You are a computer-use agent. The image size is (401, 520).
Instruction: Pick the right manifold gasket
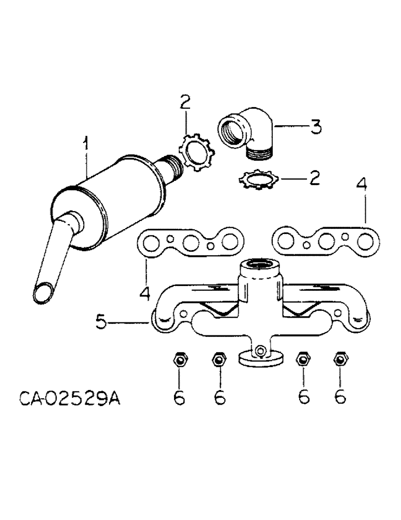325,241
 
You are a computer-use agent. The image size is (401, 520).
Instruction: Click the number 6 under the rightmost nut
340,396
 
